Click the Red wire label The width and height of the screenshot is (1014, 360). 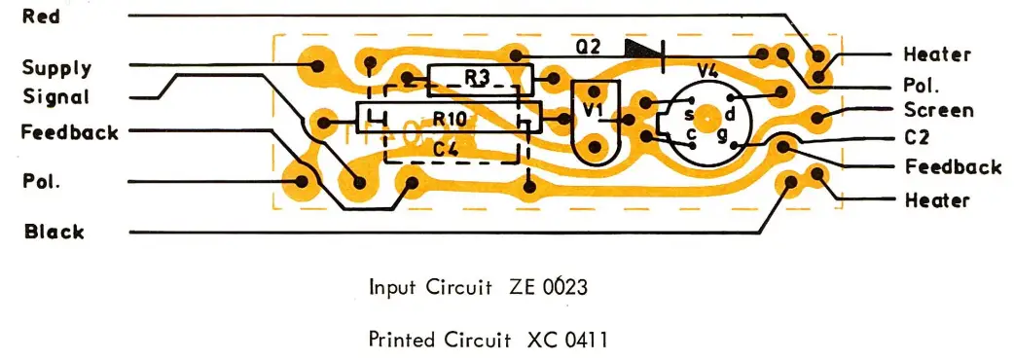point(42,18)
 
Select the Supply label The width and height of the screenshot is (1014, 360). point(56,68)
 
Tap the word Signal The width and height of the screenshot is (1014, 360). point(55,97)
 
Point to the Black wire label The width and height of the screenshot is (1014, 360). point(54,232)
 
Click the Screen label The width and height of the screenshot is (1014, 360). point(938,110)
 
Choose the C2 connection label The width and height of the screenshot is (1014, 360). point(917,138)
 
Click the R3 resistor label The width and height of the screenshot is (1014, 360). point(477,77)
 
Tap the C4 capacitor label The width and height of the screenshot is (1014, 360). point(446,149)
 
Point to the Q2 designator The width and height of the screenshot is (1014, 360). point(588,46)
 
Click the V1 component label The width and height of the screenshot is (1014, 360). point(592,111)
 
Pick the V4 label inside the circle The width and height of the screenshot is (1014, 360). point(710,70)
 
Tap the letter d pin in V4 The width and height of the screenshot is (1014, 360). point(729,115)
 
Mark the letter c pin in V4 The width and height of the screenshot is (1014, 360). point(690,133)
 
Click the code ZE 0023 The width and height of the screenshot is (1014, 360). point(548,288)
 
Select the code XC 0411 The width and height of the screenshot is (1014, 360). point(570,341)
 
